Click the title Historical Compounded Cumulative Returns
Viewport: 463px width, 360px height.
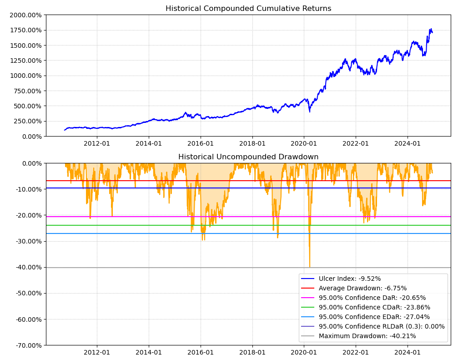pyautogui.click(x=248, y=9)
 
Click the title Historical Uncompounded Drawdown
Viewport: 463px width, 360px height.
pyautogui.click(x=248, y=157)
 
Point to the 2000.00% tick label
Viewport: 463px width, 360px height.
pyautogui.click(x=25, y=15)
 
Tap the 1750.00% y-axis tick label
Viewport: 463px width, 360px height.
pyautogui.click(x=25, y=30)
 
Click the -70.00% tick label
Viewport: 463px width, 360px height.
pyautogui.click(x=28, y=345)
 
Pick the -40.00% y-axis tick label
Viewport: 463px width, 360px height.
pyautogui.click(x=28, y=267)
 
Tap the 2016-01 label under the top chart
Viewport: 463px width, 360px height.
pyautogui.click(x=201, y=144)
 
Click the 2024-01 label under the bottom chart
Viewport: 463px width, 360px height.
pyautogui.click(x=408, y=352)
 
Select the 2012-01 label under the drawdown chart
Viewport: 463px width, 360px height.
pyautogui.click(x=97, y=352)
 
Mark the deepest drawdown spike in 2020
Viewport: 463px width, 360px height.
pyautogui.click(x=310, y=267)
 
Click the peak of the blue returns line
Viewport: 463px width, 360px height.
pyautogui.click(x=430, y=29)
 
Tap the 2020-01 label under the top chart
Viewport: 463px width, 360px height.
pyautogui.click(x=304, y=144)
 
